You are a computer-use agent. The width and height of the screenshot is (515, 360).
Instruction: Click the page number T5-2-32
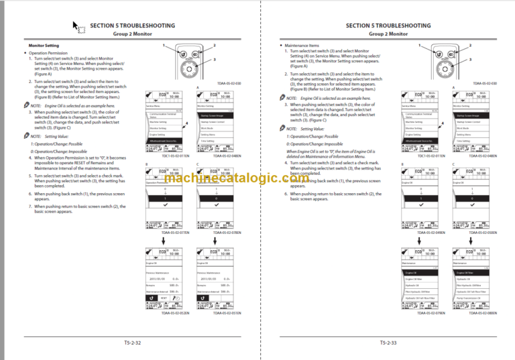pos(131,343)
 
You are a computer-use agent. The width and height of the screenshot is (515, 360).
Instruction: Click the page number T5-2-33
pos(387,343)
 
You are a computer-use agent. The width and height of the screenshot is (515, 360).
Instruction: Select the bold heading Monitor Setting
pos(43,45)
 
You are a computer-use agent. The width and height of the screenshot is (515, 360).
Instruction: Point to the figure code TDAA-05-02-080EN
pos(477,312)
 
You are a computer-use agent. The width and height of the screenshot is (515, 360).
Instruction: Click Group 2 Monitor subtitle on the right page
pos(387,33)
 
